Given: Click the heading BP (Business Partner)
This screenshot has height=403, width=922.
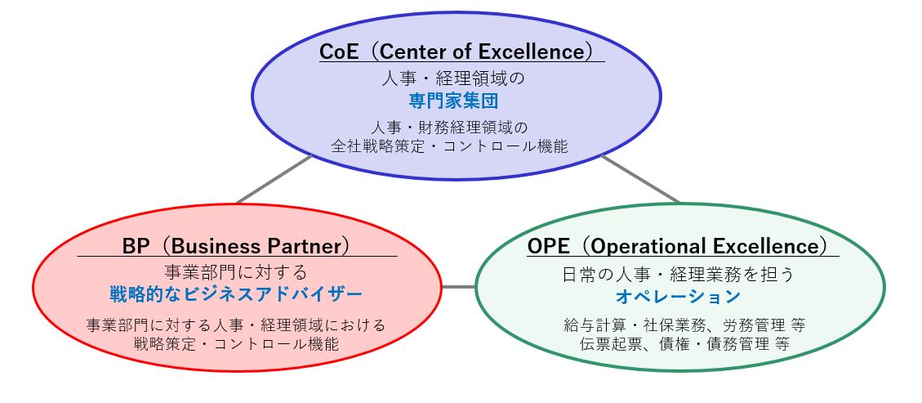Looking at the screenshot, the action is tap(236, 246).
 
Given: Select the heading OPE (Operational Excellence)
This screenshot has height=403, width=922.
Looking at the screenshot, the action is tap(679, 246).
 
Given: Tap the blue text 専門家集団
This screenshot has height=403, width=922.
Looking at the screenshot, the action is tap(453, 101).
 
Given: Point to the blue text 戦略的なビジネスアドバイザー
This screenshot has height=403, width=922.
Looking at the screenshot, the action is tap(236, 293).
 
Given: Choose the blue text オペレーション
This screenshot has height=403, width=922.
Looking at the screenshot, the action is tap(677, 297).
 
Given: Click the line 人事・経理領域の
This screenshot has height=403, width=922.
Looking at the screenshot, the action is tap(452, 78).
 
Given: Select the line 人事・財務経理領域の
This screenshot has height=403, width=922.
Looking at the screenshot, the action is tap(449, 127).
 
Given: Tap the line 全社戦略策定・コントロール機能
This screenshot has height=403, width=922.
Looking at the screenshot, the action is tap(449, 146).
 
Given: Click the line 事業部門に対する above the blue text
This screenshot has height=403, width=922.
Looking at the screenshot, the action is tap(236, 272).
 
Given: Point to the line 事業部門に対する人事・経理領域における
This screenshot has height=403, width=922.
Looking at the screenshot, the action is tap(236, 325).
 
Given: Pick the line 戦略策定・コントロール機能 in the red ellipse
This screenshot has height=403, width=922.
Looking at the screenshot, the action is tap(236, 343).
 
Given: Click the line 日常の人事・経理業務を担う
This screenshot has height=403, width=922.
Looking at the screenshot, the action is tap(679, 275).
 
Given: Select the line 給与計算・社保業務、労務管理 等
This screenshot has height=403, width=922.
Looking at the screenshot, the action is tap(684, 325).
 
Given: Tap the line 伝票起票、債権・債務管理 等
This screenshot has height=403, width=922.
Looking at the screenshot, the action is tap(684, 343).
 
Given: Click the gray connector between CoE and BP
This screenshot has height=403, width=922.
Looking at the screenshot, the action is tap(274, 180).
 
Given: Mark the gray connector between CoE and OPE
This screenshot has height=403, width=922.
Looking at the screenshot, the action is tap(640, 179).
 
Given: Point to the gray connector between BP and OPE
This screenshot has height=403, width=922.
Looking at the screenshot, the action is tap(458, 287).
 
